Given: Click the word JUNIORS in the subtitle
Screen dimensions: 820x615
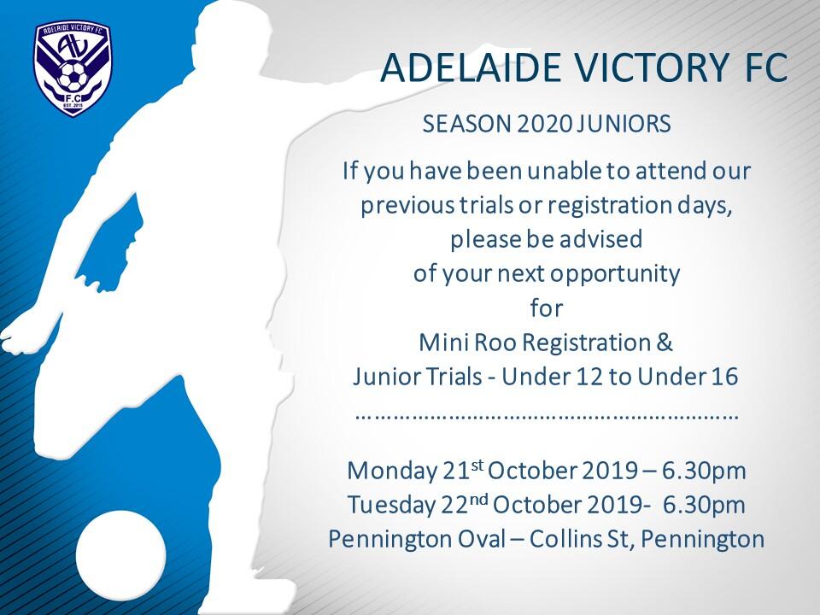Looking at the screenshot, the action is (620, 125).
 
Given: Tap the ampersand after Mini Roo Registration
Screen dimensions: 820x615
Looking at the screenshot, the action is (664, 343).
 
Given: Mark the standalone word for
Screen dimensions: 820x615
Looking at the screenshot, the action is (547, 307).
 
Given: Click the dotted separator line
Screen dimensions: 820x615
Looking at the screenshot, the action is (547, 418).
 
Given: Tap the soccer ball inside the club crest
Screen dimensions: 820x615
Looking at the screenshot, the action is (73, 75).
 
